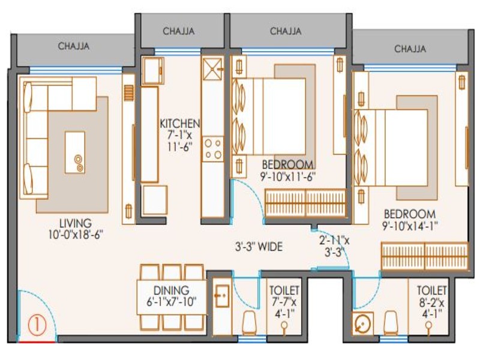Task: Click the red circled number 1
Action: (x=37, y=325)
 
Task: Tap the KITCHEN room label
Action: (x=179, y=124)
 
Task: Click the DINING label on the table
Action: (x=172, y=290)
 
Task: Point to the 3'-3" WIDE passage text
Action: (x=259, y=247)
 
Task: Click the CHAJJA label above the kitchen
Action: (x=178, y=31)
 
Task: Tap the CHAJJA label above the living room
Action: (x=74, y=46)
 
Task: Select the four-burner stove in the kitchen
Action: (x=213, y=149)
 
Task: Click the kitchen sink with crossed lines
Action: (x=212, y=69)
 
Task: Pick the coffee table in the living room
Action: (x=75, y=152)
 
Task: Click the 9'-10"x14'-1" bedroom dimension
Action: (x=410, y=226)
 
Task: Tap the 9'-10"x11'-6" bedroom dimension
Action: (x=288, y=176)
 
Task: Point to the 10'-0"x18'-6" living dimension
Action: (x=76, y=235)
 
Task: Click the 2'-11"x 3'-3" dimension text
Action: (x=334, y=247)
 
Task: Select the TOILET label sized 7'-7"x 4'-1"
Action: (x=284, y=290)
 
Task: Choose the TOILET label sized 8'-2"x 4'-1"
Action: (x=431, y=290)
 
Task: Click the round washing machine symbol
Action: (x=363, y=323)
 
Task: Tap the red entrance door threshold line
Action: (x=37, y=341)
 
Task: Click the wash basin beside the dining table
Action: (x=221, y=296)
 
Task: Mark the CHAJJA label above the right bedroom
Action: (x=410, y=49)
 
